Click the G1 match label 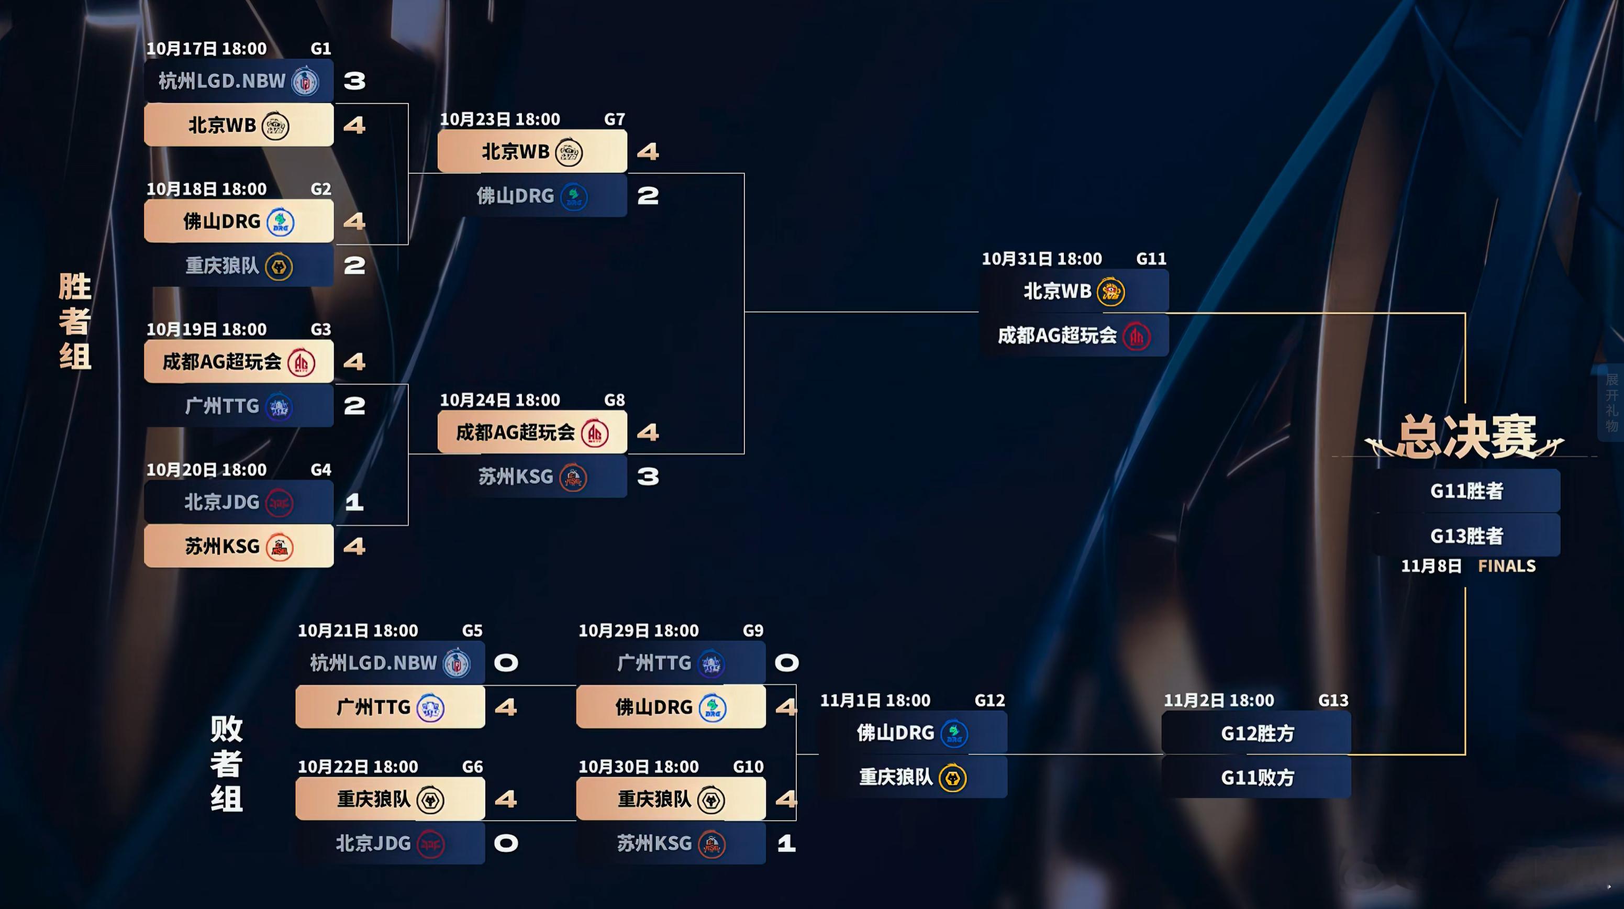(320, 49)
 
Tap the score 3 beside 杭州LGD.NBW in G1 (354, 81)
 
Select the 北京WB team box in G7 (531, 151)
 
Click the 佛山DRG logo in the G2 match (280, 223)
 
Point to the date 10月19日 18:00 (206, 329)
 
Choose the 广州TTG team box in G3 (238, 406)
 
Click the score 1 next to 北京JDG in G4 (354, 502)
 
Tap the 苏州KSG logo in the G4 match (279, 547)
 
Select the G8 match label (614, 400)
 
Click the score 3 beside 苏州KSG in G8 (648, 476)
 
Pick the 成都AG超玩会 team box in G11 (1074, 335)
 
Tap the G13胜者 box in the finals (1466, 535)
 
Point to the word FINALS (1506, 566)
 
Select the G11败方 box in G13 (1256, 777)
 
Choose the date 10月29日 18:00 (638, 630)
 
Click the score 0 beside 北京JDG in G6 (506, 843)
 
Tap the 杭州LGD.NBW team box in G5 (390, 662)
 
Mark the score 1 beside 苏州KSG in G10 (786, 843)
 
